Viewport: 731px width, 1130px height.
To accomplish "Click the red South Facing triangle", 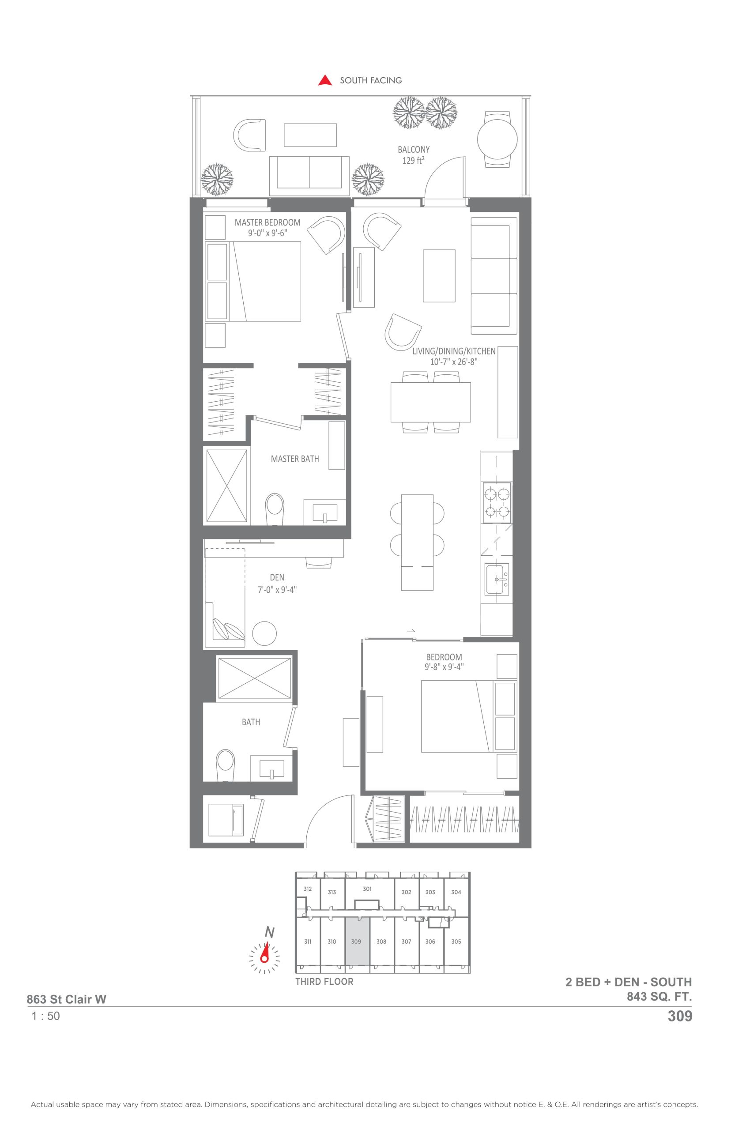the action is click(x=325, y=80).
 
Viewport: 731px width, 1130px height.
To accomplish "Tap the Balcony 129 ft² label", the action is click(x=414, y=155).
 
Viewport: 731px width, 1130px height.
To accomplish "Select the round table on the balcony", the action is click(x=497, y=139).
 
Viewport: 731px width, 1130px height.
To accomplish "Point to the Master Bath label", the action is click(x=295, y=459).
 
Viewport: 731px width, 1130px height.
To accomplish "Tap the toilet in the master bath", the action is click(x=275, y=510).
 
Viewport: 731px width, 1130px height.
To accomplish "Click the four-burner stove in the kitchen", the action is click(x=497, y=503).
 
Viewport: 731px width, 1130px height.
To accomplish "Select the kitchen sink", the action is click(x=497, y=579).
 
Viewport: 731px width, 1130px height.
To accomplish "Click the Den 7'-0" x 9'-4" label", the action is click(x=277, y=583).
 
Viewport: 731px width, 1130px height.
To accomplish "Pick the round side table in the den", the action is click(x=264, y=633).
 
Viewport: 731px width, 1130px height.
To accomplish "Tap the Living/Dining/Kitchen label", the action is click(x=453, y=356).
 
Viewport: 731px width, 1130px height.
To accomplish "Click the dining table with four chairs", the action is click(x=430, y=402).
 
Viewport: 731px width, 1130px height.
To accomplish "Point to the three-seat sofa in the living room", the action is click(x=494, y=276).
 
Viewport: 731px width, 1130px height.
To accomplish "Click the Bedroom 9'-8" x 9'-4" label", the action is click(x=444, y=662).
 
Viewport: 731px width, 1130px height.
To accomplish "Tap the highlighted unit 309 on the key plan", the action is click(x=357, y=942).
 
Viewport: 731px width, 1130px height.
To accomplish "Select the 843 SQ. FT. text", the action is click(x=659, y=997).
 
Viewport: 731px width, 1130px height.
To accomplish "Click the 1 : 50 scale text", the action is click(x=45, y=1016).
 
